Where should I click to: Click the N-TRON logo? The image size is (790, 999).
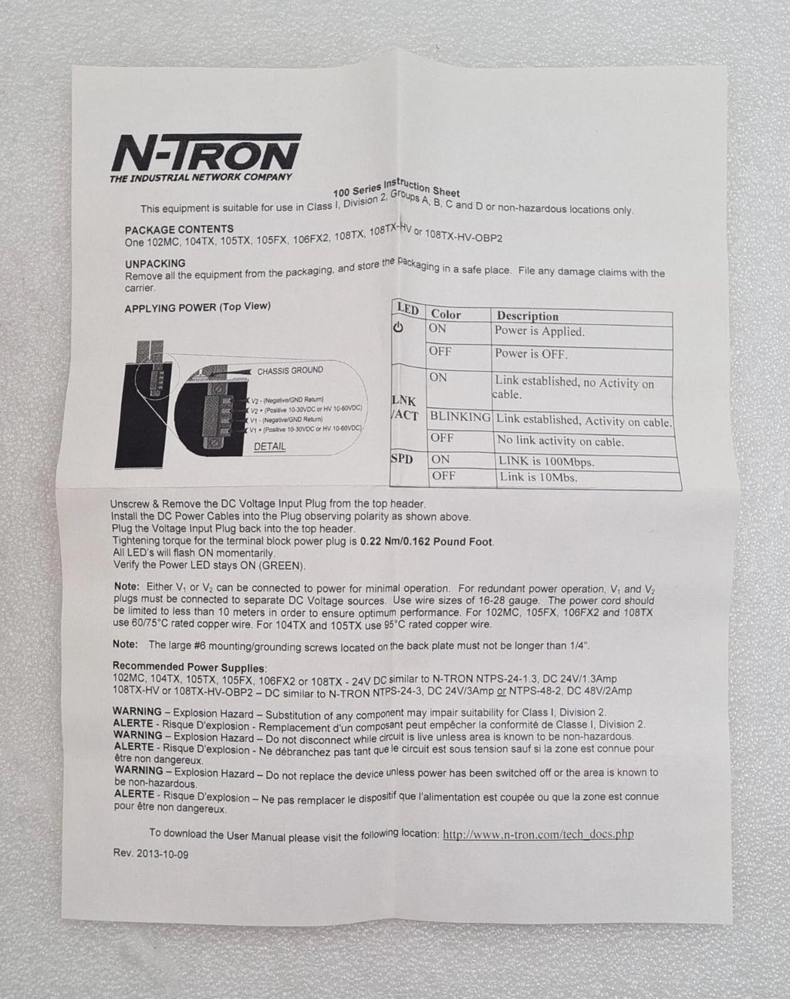click(206, 152)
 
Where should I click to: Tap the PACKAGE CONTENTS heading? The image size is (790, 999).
click(179, 229)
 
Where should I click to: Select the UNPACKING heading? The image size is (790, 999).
click(155, 263)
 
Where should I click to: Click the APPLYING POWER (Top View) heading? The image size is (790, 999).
click(197, 306)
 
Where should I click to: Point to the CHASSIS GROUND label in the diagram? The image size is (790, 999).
click(290, 370)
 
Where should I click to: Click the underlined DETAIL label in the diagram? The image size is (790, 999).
click(269, 447)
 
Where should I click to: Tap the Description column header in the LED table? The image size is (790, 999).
click(528, 316)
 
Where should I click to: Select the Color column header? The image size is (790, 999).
click(446, 314)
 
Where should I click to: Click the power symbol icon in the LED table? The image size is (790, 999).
click(398, 328)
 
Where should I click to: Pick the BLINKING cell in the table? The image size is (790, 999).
click(460, 417)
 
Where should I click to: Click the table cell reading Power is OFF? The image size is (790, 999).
click(531, 354)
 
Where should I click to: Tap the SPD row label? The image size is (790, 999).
click(402, 459)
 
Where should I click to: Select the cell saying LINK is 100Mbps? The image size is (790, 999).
click(545, 462)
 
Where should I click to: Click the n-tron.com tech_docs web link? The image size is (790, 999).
click(538, 834)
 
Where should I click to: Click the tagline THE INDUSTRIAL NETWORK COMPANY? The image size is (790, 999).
click(201, 177)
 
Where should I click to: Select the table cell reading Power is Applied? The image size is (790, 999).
click(539, 332)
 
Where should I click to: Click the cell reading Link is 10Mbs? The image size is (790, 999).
click(538, 478)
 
